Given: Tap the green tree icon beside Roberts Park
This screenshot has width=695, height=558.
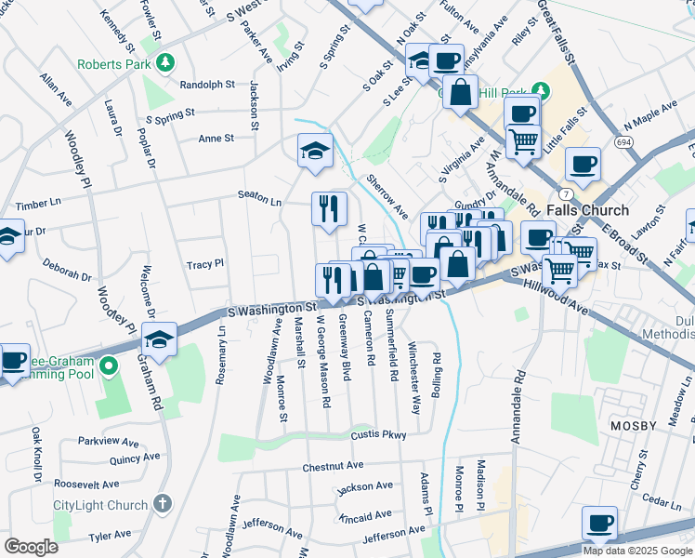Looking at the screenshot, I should click(x=165, y=63).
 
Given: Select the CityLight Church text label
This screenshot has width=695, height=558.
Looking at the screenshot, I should click(x=100, y=505).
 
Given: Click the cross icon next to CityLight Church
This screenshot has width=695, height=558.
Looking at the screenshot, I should click(x=164, y=504).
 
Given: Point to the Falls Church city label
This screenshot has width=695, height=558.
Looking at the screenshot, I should click(x=587, y=210).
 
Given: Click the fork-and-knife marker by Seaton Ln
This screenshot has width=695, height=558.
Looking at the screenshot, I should click(x=328, y=209).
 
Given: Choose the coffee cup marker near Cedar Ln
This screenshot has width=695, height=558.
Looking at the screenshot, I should click(x=599, y=524).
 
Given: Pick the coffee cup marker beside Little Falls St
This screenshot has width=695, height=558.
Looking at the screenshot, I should click(x=583, y=165).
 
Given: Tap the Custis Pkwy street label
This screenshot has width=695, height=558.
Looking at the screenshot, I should click(x=378, y=435).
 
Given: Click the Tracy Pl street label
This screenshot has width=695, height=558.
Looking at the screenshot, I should click(x=205, y=264).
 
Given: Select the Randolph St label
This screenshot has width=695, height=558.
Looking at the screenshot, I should click(x=207, y=85).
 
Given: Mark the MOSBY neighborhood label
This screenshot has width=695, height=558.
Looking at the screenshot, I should click(x=635, y=423).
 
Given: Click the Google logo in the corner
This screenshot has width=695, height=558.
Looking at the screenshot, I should click(x=32, y=546).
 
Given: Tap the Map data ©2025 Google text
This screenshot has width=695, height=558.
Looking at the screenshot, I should click(x=637, y=551).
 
